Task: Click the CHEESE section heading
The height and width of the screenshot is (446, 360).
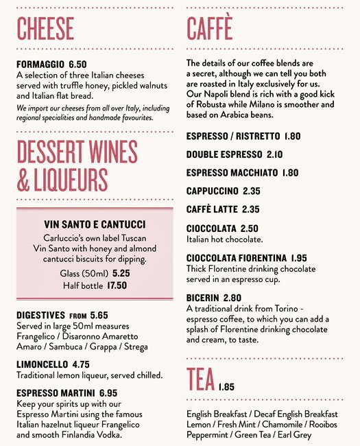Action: pos(45,29)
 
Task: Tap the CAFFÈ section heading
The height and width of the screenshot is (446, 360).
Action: pos(210,29)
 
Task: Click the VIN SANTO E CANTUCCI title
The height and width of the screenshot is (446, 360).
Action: pos(95,224)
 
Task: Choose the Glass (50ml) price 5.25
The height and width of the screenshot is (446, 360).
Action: pos(121,273)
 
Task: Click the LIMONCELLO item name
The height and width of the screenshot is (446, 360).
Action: pos(42,364)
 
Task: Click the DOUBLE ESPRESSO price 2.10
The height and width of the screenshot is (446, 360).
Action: pos(274,154)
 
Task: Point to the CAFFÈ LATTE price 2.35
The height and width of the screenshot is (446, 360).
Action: pos(250,209)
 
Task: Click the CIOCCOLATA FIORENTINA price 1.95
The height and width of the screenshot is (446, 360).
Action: pos(298,258)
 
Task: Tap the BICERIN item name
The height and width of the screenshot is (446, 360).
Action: pos(202,298)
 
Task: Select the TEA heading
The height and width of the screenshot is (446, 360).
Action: pos(200,379)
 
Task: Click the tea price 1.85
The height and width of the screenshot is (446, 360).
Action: pos(227,387)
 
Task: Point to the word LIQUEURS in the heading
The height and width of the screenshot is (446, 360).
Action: pos(71,178)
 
